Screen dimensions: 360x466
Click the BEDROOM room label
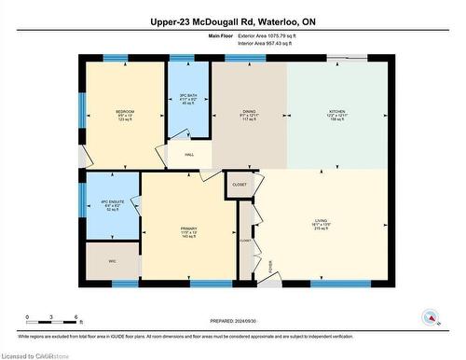tap(125, 112)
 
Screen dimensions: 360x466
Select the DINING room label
tap(249, 112)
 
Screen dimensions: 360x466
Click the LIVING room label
tap(321, 221)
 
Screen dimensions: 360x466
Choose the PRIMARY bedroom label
tap(190, 228)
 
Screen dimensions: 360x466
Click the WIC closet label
tap(111, 261)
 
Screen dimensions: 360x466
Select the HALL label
tap(189, 155)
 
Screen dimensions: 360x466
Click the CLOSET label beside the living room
tap(240, 185)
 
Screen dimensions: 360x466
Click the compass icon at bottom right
tap(432, 317)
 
